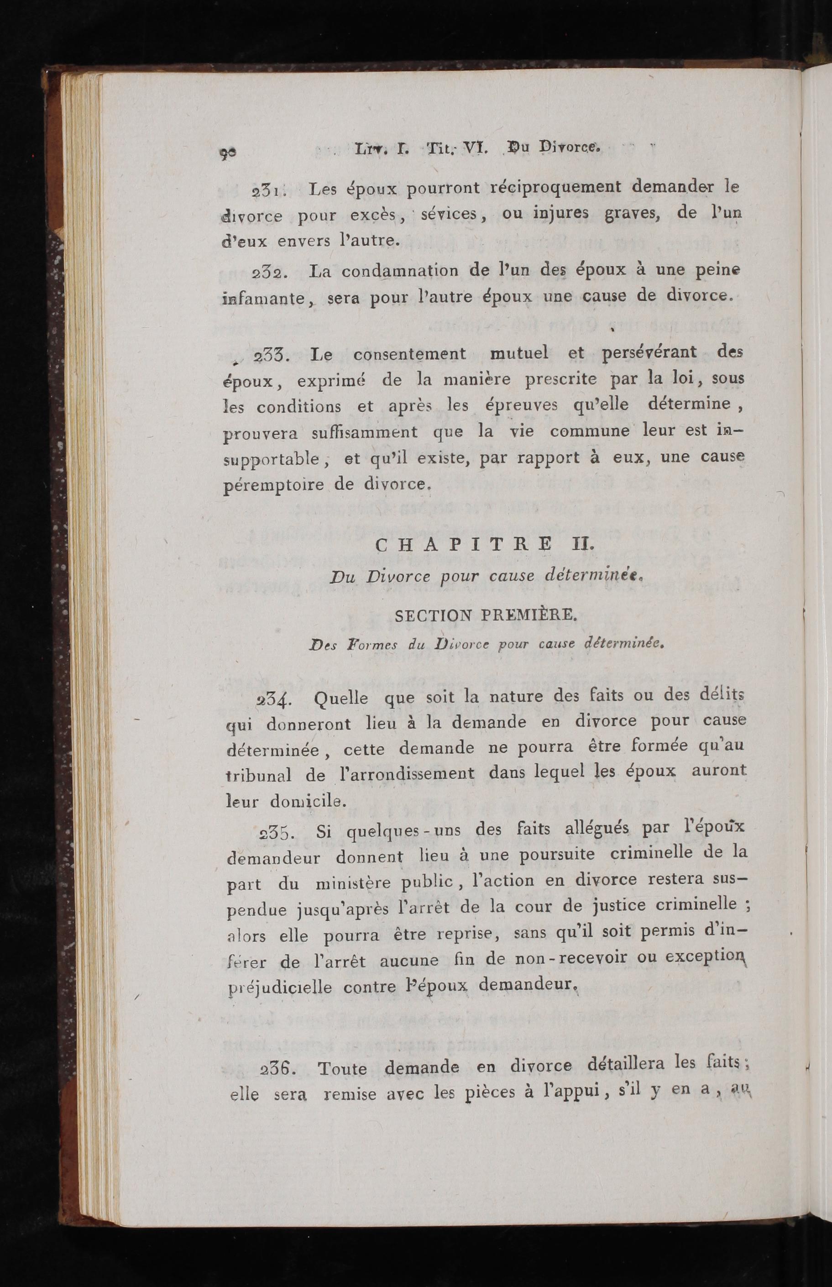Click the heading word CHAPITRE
[x=463, y=545]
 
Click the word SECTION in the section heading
[x=433, y=615]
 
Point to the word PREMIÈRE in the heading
[x=527, y=615]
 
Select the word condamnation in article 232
[x=400, y=271]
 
